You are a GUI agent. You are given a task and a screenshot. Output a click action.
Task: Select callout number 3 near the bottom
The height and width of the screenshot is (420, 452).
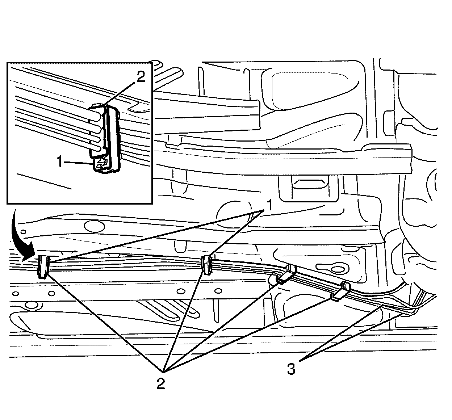pyautogui.click(x=291, y=369)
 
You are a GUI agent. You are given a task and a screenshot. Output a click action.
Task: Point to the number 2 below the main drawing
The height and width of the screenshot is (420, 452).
pyautogui.click(x=161, y=383)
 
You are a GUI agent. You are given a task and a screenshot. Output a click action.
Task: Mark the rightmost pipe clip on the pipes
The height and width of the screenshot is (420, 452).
pyautogui.click(x=340, y=291)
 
